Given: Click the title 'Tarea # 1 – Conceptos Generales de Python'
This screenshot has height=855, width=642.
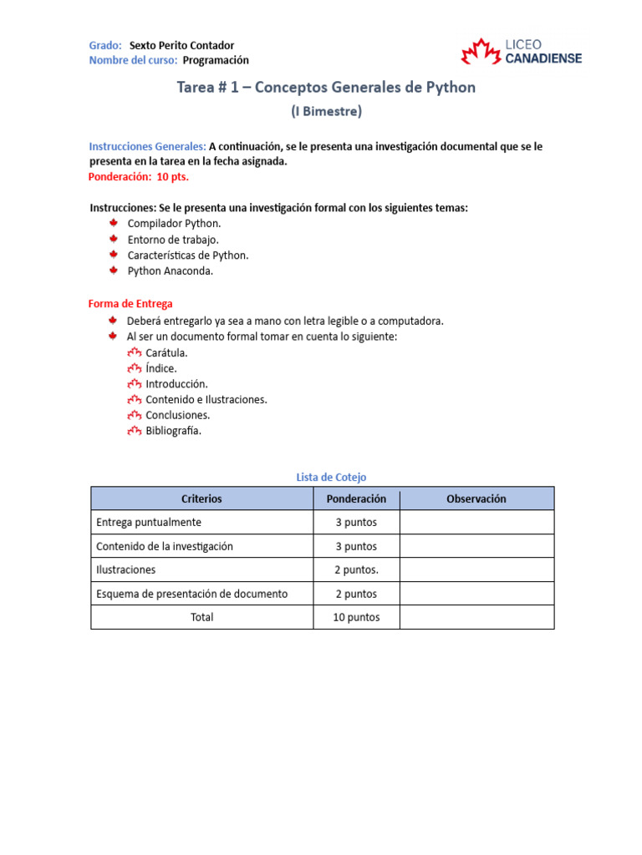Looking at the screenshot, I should (326, 87).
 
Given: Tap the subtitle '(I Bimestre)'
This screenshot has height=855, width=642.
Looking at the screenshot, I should (326, 110).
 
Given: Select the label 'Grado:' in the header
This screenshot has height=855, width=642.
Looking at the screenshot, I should (105, 45).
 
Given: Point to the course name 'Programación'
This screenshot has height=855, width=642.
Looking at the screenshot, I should (216, 60).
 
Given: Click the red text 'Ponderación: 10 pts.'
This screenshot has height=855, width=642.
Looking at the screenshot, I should (139, 177).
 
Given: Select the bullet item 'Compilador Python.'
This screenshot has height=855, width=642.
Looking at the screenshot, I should (174, 224).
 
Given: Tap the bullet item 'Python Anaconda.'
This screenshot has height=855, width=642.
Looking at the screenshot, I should (171, 271).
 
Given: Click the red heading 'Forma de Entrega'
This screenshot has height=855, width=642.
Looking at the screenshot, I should (130, 304).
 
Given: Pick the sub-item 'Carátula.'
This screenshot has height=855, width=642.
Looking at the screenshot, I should (166, 352).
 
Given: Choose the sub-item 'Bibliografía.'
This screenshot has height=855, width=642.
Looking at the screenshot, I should (173, 431).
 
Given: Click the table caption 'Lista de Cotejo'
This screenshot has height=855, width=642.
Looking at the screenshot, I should (331, 477).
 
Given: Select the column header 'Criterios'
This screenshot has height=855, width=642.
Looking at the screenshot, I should (201, 498).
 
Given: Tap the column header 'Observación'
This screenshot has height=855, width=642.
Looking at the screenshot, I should (476, 498).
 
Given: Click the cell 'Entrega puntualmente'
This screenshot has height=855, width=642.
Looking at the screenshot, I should (149, 522).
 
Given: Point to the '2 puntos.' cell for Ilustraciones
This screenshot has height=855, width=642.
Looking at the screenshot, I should (356, 569).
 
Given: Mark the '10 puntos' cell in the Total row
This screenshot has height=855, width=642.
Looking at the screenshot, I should (356, 617).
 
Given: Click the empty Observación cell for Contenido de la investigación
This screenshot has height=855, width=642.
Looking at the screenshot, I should (476, 546).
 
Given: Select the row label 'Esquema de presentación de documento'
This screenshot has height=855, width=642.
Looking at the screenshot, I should (192, 594).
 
